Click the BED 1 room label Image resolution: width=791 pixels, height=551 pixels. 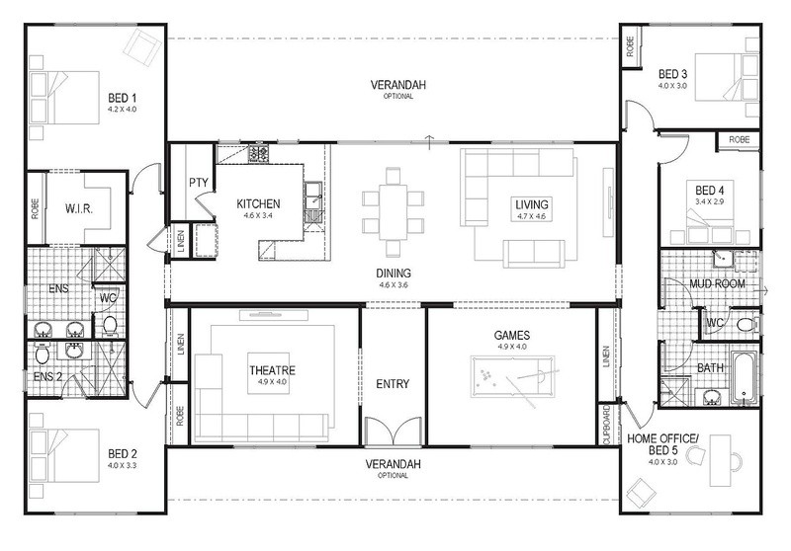[x=122, y=98]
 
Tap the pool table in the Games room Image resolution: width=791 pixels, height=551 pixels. [x=512, y=377]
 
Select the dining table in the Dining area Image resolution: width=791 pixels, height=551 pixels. [x=393, y=211]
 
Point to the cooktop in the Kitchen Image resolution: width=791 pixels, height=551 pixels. [x=258, y=153]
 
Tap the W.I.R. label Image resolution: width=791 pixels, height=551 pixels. [x=79, y=208]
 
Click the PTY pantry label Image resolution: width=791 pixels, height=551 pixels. [x=199, y=183]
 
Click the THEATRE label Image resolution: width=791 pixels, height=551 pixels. [x=273, y=370]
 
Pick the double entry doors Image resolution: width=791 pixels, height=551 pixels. [x=393, y=433]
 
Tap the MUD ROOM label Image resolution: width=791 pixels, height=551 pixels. [x=717, y=283]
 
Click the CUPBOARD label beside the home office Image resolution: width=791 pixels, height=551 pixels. [x=606, y=425]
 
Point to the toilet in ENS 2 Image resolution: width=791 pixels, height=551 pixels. [x=43, y=354]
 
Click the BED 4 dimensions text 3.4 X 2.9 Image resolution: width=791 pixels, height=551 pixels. [x=709, y=201]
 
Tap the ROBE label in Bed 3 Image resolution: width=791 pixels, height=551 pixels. [x=631, y=46]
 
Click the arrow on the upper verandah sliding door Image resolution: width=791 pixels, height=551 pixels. [x=429, y=142]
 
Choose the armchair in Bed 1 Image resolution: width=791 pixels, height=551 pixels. [x=143, y=46]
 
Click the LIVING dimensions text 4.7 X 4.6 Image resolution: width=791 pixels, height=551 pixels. [x=531, y=216]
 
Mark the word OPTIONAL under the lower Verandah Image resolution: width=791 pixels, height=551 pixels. [x=393, y=475]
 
